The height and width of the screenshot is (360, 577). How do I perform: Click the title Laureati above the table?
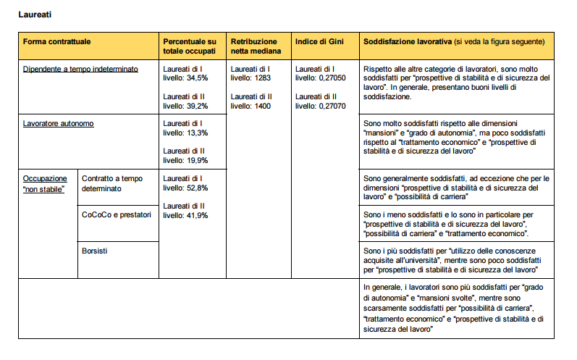[x=35, y=14]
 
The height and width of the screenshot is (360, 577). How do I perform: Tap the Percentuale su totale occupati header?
[x=189, y=46]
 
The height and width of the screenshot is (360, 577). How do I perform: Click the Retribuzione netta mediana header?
[x=255, y=46]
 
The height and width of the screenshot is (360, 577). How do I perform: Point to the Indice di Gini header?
[x=316, y=42]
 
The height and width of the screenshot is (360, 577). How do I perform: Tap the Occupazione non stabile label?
[x=45, y=183]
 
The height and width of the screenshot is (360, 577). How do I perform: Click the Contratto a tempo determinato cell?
[x=111, y=183]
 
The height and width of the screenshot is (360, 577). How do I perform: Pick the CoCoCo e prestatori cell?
[x=116, y=214]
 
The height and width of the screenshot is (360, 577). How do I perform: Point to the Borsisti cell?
[x=95, y=251]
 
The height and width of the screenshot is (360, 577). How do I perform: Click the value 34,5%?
[x=198, y=77]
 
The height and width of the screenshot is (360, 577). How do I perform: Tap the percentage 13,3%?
[x=198, y=133]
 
